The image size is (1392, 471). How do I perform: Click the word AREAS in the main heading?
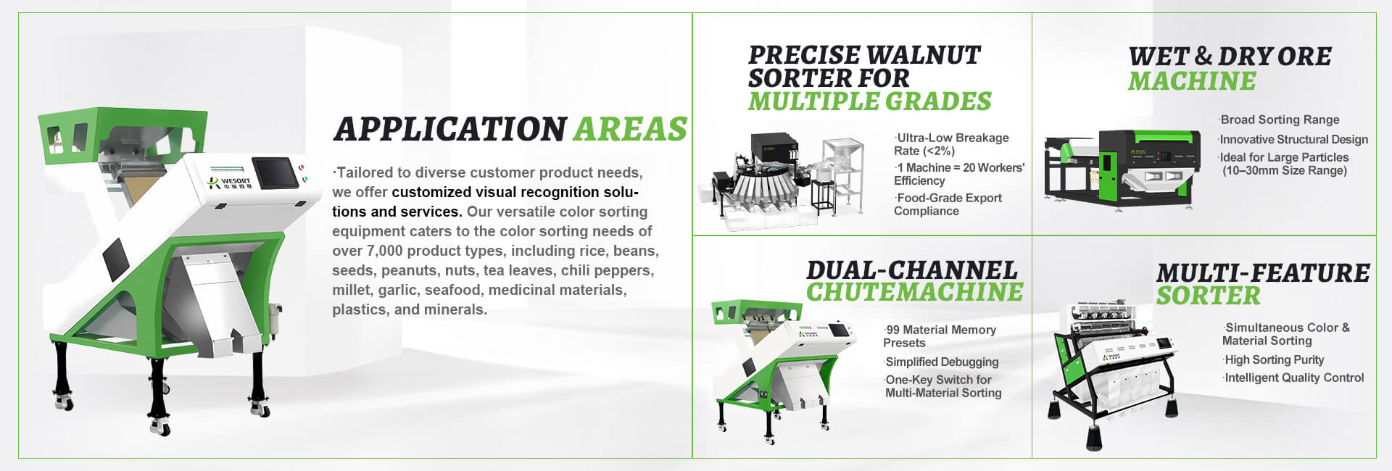(x=629, y=129)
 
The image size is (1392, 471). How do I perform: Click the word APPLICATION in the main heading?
(x=449, y=129)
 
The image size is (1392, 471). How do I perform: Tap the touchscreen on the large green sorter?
(x=275, y=172)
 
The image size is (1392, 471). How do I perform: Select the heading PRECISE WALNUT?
(x=863, y=55)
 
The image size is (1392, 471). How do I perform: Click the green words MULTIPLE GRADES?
(x=869, y=101)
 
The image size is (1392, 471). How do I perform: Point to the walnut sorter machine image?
(x=783, y=181)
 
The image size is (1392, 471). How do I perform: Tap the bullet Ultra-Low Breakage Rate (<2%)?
(x=951, y=144)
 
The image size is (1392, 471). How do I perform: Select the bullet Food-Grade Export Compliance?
(x=948, y=204)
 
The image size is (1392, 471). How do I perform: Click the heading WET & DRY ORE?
(x=1230, y=57)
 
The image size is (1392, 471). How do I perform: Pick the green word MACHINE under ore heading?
(x=1192, y=81)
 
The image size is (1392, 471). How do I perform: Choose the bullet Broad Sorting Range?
(x=1280, y=120)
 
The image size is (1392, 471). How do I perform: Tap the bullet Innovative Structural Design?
(x=1293, y=139)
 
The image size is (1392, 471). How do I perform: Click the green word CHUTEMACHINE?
(x=914, y=292)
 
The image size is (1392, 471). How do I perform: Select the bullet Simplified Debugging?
(x=942, y=362)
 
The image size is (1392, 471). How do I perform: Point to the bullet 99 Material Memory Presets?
(x=940, y=336)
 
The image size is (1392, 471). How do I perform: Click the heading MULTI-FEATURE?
(x=1262, y=273)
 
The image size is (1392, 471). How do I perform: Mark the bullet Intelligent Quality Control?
(x=1293, y=378)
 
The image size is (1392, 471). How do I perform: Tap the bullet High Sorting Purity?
(x=1274, y=359)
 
